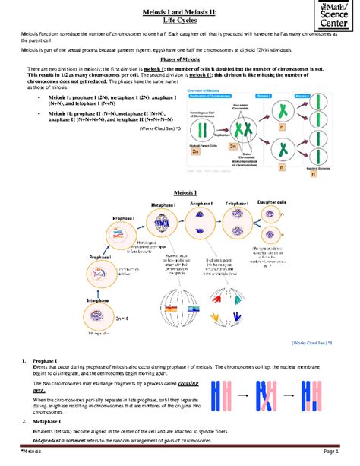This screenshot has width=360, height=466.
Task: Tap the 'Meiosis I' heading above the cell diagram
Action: [186, 194]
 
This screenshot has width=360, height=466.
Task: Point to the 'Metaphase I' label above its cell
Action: [164, 205]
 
